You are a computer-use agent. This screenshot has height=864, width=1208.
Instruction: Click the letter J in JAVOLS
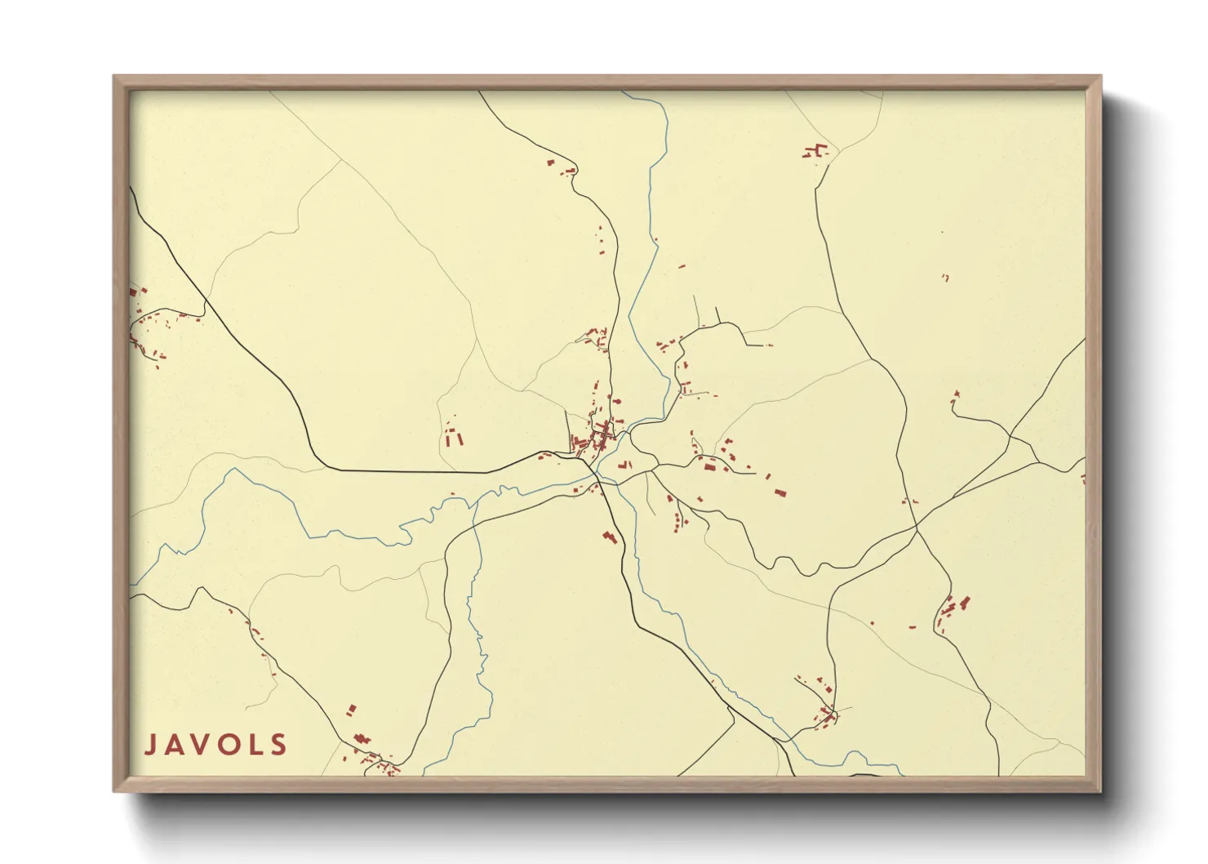tap(151, 745)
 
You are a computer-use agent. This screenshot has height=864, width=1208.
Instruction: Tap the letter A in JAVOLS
tap(178, 745)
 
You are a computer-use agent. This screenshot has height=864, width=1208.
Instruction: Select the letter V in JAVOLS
tap(205, 745)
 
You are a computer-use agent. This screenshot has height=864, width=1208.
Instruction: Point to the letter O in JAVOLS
tap(232, 745)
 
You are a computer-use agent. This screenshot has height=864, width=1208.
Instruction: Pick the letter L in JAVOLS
tap(257, 745)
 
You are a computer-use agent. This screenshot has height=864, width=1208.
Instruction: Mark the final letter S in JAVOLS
tap(279, 745)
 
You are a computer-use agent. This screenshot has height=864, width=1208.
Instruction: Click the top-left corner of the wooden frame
tap(115, 77)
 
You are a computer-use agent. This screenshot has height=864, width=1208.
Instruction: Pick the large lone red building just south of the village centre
tap(609, 536)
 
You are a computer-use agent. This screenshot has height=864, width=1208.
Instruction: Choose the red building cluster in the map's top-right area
tap(815, 151)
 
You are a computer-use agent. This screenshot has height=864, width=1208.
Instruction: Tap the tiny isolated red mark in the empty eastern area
tap(945, 278)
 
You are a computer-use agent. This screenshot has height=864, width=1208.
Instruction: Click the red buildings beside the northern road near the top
tap(562, 168)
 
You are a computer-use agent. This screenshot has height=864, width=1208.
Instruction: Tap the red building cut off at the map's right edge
tap(1083, 479)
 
